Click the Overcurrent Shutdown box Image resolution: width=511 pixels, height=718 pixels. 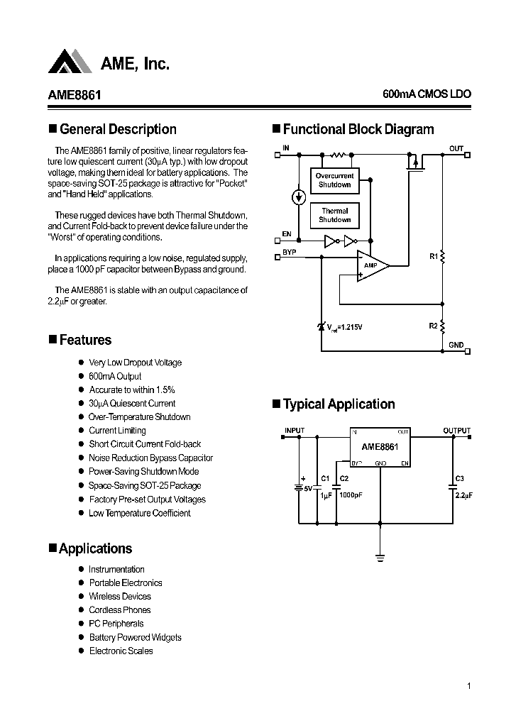pyautogui.click(x=334, y=180)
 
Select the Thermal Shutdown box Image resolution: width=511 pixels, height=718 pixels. pyautogui.click(x=334, y=215)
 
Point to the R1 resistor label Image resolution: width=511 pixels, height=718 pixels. pyautogui.click(x=433, y=257)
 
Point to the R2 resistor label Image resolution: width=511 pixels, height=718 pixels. pyautogui.click(x=433, y=326)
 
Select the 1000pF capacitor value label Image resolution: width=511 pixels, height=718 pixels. pyautogui.click(x=350, y=496)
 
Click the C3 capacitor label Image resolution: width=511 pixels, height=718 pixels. pyautogui.click(x=459, y=478)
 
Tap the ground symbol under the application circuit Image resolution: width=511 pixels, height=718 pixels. pyautogui.click(x=380, y=558)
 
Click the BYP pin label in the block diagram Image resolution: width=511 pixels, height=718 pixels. pyautogui.click(x=289, y=252)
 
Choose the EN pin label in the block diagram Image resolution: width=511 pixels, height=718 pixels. pyautogui.click(x=287, y=233)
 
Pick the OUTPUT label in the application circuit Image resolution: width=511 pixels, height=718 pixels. pyautogui.click(x=456, y=431)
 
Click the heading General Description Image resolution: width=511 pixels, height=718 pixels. pyautogui.click(x=118, y=129)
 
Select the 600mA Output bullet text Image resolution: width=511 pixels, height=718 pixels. pyautogui.click(x=115, y=376)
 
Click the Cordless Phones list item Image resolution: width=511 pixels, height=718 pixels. pyautogui.click(x=119, y=610)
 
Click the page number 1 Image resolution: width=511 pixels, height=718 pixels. pyautogui.click(x=469, y=685)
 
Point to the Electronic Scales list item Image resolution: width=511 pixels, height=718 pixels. pyautogui.click(x=121, y=651)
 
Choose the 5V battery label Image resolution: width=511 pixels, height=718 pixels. pyautogui.click(x=307, y=488)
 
